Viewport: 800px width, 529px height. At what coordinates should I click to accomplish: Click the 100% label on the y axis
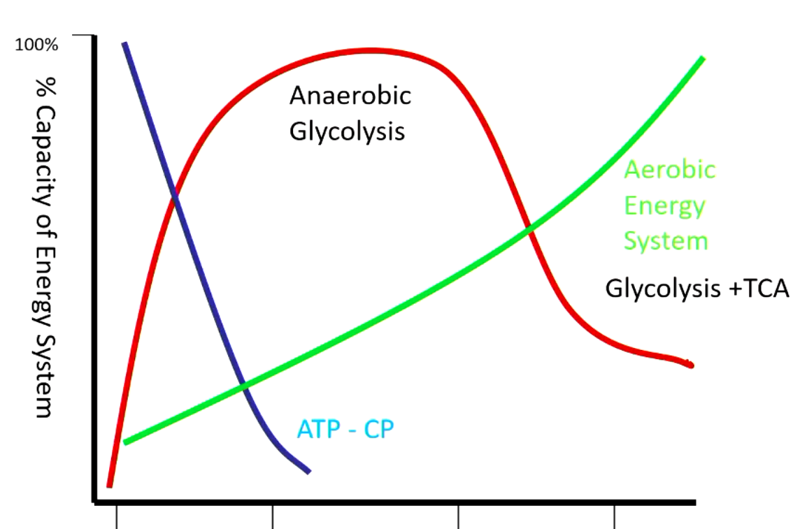click(36, 46)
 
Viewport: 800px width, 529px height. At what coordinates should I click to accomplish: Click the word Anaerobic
click(350, 96)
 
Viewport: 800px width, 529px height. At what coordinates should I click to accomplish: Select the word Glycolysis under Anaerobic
click(347, 131)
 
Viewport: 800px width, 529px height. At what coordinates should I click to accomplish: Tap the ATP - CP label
click(345, 428)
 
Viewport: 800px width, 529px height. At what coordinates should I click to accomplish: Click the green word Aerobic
click(669, 170)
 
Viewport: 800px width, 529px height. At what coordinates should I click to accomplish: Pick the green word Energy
click(664, 205)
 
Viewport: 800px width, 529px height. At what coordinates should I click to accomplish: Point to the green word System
click(666, 241)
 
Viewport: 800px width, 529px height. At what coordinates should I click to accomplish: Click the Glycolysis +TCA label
click(697, 289)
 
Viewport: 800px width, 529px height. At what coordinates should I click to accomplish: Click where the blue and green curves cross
click(243, 385)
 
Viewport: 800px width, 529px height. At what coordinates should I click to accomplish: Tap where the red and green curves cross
click(529, 228)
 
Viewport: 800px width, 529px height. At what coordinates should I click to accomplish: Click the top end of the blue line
click(124, 44)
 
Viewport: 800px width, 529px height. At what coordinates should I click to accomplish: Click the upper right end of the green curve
click(702, 58)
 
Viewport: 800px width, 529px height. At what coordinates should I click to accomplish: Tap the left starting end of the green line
click(125, 442)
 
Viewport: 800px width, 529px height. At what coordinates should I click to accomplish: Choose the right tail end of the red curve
click(691, 365)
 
